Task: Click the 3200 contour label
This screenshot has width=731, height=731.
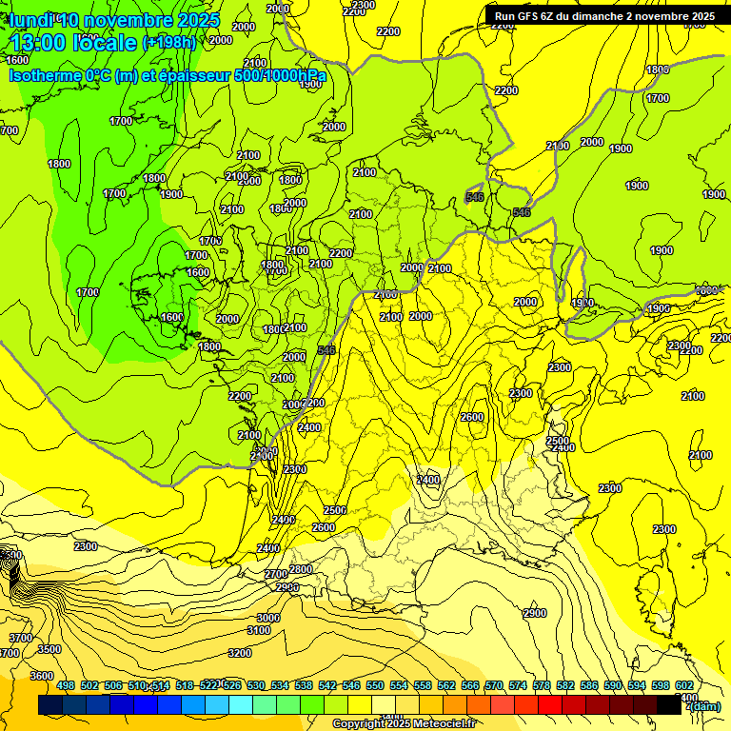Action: click(240, 653)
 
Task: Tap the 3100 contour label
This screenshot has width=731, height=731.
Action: click(259, 630)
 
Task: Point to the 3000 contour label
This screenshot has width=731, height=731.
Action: click(268, 618)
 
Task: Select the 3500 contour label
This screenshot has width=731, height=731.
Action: click(49, 649)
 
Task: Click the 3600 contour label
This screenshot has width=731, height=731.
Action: click(42, 676)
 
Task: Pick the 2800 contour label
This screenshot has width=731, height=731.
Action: click(300, 569)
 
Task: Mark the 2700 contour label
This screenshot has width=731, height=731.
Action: click(276, 574)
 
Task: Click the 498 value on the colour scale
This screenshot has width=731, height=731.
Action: click(66, 685)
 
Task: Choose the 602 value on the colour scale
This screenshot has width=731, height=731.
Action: click(683, 685)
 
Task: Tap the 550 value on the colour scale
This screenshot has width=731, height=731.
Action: click(375, 685)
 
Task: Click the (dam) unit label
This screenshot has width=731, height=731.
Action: click(705, 706)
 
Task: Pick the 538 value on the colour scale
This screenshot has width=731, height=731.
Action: click(304, 685)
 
